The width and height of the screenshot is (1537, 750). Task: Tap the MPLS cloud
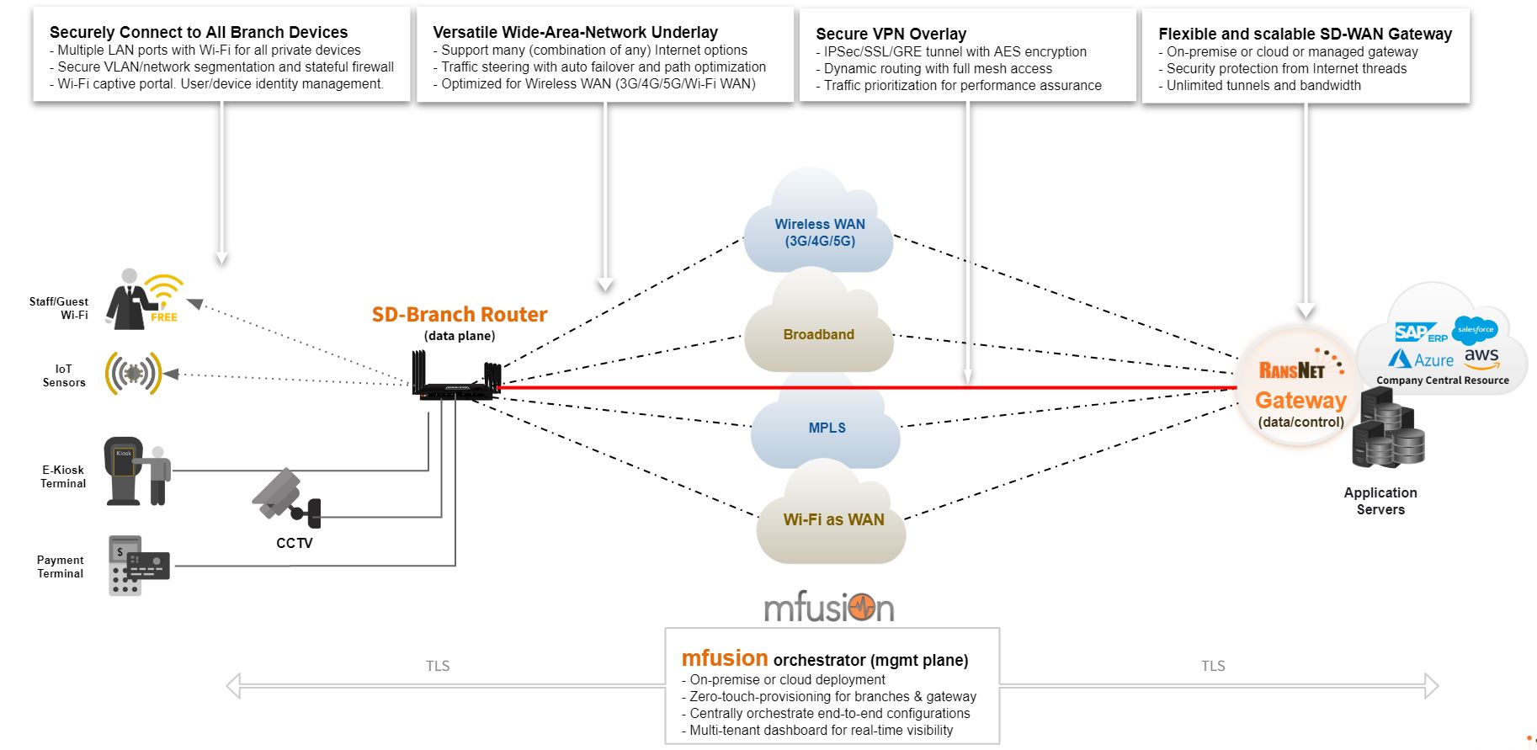coord(827,428)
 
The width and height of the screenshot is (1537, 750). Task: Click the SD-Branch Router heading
coord(460,315)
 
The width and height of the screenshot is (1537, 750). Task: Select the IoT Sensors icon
coord(133,373)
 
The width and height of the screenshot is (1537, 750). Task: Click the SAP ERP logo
coord(1419,333)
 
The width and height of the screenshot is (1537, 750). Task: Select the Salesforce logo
coord(1475,330)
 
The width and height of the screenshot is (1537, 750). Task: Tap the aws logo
coord(1481,358)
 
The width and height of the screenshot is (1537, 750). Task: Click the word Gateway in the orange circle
coord(1300,401)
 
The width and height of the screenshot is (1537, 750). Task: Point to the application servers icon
coord(1387,428)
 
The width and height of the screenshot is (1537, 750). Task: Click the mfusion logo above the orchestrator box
coord(829,607)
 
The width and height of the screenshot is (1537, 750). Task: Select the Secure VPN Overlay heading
coord(891,34)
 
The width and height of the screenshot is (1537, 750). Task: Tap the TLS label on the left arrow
coord(438,666)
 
